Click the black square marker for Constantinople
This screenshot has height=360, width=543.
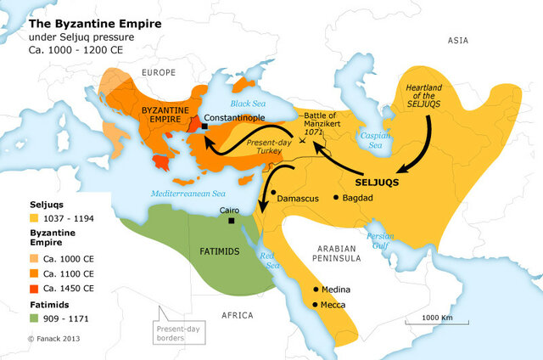point(206,127)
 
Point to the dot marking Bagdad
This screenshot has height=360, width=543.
point(337,197)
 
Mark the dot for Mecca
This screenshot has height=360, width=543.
point(316,304)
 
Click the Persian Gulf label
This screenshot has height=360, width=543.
point(380,239)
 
